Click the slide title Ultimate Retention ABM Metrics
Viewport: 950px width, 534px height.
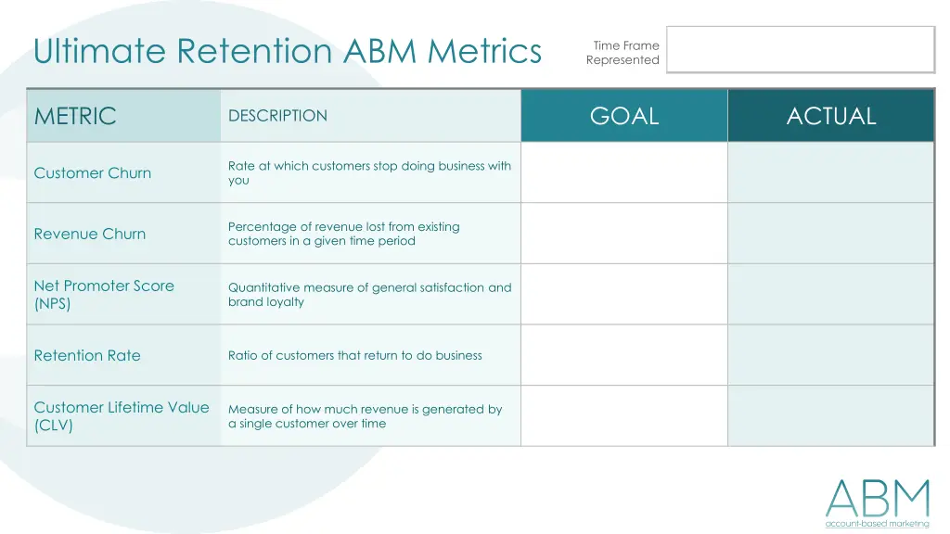[x=288, y=51]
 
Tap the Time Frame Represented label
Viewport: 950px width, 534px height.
[x=623, y=53]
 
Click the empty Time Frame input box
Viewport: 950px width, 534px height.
[x=800, y=49]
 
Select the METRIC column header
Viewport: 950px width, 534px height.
[x=75, y=116]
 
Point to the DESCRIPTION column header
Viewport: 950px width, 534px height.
[x=277, y=116]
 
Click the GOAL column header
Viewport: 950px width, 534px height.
[x=624, y=116]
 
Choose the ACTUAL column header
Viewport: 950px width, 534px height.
[x=831, y=116]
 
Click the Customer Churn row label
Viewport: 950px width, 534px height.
[x=93, y=173]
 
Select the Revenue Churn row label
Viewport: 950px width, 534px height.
[x=90, y=234]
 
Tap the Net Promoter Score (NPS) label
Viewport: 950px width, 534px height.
[x=104, y=295]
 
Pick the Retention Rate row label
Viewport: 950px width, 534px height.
[x=87, y=355]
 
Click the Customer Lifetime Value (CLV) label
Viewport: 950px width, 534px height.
[x=122, y=416]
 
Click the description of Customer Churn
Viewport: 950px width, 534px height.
[x=369, y=173]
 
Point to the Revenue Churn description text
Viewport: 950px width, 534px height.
[x=344, y=234]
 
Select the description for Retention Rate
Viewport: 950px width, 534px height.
[x=355, y=355]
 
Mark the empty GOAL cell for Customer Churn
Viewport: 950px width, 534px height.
[x=624, y=172]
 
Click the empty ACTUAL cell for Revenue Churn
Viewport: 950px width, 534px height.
[x=831, y=234]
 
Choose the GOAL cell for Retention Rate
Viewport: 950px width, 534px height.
[x=624, y=355]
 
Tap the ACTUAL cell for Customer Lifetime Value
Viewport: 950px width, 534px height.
[x=831, y=416]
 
